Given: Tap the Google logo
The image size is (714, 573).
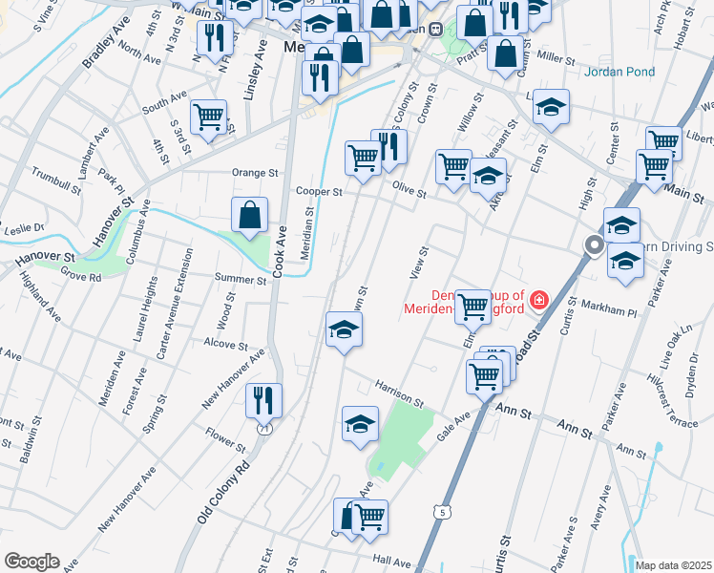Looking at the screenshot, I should (31, 562).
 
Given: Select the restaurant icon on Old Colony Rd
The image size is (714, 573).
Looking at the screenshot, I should (263, 401).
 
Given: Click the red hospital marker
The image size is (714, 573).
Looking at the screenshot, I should (539, 300).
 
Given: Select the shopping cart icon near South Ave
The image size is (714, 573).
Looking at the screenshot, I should (208, 118).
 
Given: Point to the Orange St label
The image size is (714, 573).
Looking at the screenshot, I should (254, 174).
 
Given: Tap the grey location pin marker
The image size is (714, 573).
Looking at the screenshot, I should (594, 247).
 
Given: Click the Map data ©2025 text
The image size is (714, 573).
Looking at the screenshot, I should (673, 565).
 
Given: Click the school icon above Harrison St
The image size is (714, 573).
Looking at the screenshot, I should (344, 330).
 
